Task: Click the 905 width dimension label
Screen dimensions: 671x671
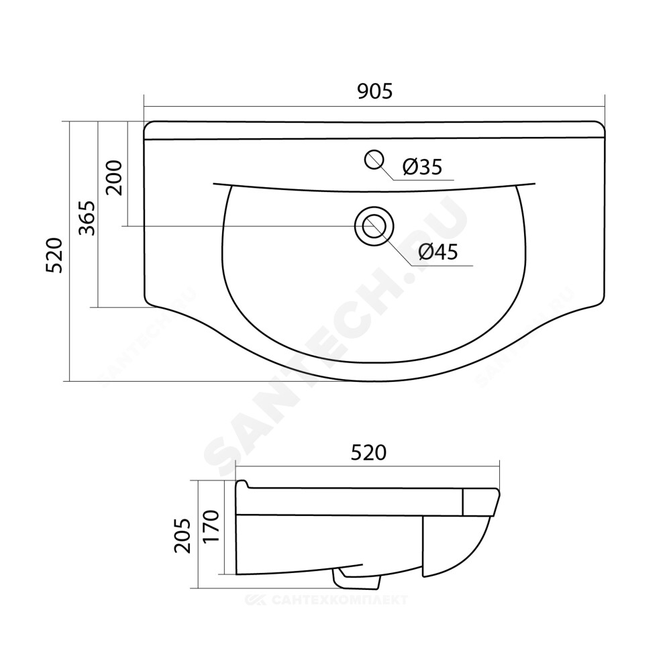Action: click(x=375, y=91)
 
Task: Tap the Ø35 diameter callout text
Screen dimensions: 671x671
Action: click(x=422, y=166)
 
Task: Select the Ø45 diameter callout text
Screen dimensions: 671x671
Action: click(x=438, y=252)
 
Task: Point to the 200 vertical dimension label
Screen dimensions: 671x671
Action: click(x=114, y=178)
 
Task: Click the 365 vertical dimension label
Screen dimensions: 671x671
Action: click(x=87, y=218)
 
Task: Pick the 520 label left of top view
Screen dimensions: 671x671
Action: click(x=55, y=256)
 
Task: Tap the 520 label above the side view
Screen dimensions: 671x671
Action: click(x=368, y=452)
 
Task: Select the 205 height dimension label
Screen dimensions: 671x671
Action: click(x=183, y=535)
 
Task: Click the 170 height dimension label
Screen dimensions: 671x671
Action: click(x=211, y=526)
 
